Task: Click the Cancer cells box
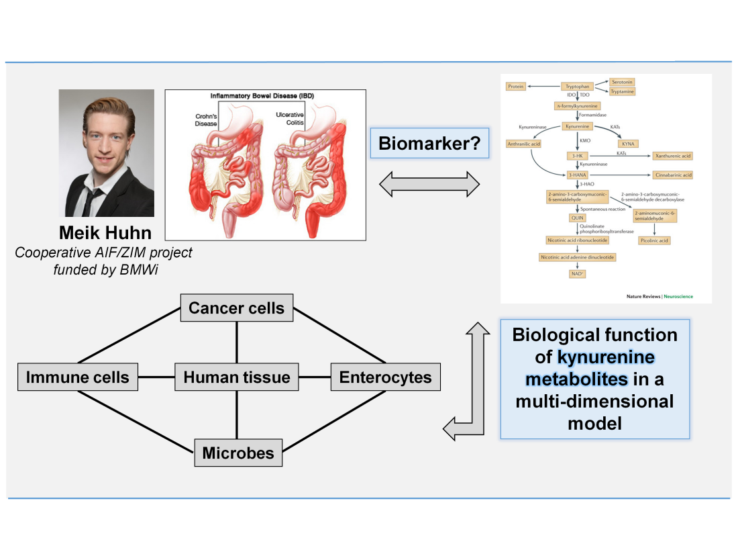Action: coord(237,309)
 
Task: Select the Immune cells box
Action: coord(78,377)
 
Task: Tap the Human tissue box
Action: coord(237,377)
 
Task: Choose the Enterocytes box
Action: coord(385,377)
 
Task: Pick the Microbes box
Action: coord(238,453)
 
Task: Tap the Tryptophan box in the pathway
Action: coord(579,87)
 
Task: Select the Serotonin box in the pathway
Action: coord(622,82)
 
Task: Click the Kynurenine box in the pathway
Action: coord(577,126)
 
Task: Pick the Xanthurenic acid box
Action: coord(672,156)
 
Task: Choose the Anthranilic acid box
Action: coord(524,144)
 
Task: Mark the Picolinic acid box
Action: coord(655,240)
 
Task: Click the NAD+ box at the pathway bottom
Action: coord(577,274)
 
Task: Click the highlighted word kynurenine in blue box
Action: coord(606,357)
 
